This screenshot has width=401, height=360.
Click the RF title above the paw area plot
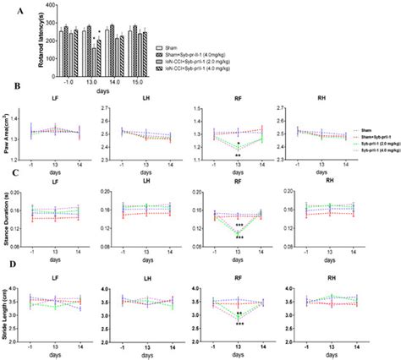pyautogui.click(x=239, y=98)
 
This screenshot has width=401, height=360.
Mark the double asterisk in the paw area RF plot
pyautogui.click(x=239, y=156)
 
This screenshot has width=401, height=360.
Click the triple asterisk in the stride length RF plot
pyautogui.click(x=240, y=323)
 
